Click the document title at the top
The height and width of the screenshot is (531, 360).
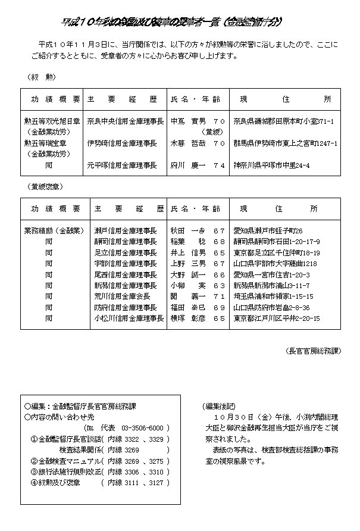pyautogui.click(x=172, y=22)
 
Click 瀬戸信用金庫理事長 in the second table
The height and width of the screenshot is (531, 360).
pyautogui.click(x=125, y=230)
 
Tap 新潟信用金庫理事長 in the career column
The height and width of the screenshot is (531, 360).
pyautogui.click(x=125, y=286)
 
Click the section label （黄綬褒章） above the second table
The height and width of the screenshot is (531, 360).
pyautogui.click(x=45, y=186)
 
